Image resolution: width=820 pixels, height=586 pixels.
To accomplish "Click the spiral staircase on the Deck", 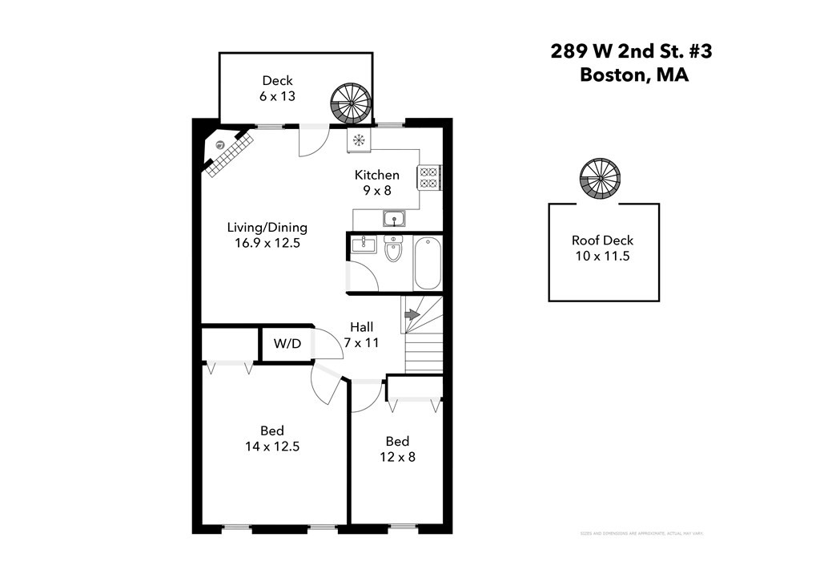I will coord(350,103).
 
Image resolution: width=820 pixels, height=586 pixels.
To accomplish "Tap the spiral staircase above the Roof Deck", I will coord(600,179).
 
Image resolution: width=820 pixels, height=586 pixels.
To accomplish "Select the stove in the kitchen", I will coord(428,176).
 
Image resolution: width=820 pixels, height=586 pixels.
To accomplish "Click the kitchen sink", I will coord(394,218).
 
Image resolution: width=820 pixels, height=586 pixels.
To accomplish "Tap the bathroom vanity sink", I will coord(364,245).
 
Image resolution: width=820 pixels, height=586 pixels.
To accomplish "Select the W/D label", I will coord(287,344).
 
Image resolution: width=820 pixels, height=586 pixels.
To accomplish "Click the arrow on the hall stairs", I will coord(411,315).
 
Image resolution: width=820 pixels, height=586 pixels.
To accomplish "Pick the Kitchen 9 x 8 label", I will coord(377,183).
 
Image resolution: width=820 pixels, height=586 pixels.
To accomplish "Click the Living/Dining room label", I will coord(267,235).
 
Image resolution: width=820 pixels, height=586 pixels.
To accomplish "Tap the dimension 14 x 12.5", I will coord(272,447).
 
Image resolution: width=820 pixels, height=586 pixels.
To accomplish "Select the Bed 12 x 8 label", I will coord(397,449).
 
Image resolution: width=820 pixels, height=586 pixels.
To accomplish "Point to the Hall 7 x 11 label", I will coord(361,334).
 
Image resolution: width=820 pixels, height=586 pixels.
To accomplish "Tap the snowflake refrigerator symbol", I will coord(359,140).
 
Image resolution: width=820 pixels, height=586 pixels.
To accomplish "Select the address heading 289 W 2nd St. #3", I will coord(631,51).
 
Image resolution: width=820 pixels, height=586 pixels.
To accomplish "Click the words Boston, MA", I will coord(633,76).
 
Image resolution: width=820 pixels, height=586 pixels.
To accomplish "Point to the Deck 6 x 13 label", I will coord(277,87).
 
